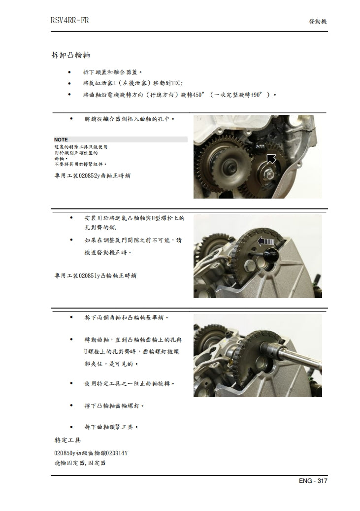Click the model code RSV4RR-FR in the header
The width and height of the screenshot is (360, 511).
tap(69, 21)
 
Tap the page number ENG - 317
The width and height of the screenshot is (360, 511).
tap(313, 481)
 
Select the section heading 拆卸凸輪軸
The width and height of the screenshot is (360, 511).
tap(70, 54)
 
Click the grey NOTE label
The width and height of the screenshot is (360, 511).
tap(62, 139)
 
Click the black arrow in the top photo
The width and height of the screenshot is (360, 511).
tap(270, 158)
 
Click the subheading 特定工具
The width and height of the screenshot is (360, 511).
tap(67, 439)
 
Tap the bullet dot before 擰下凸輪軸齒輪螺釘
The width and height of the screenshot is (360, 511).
tap(72, 406)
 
